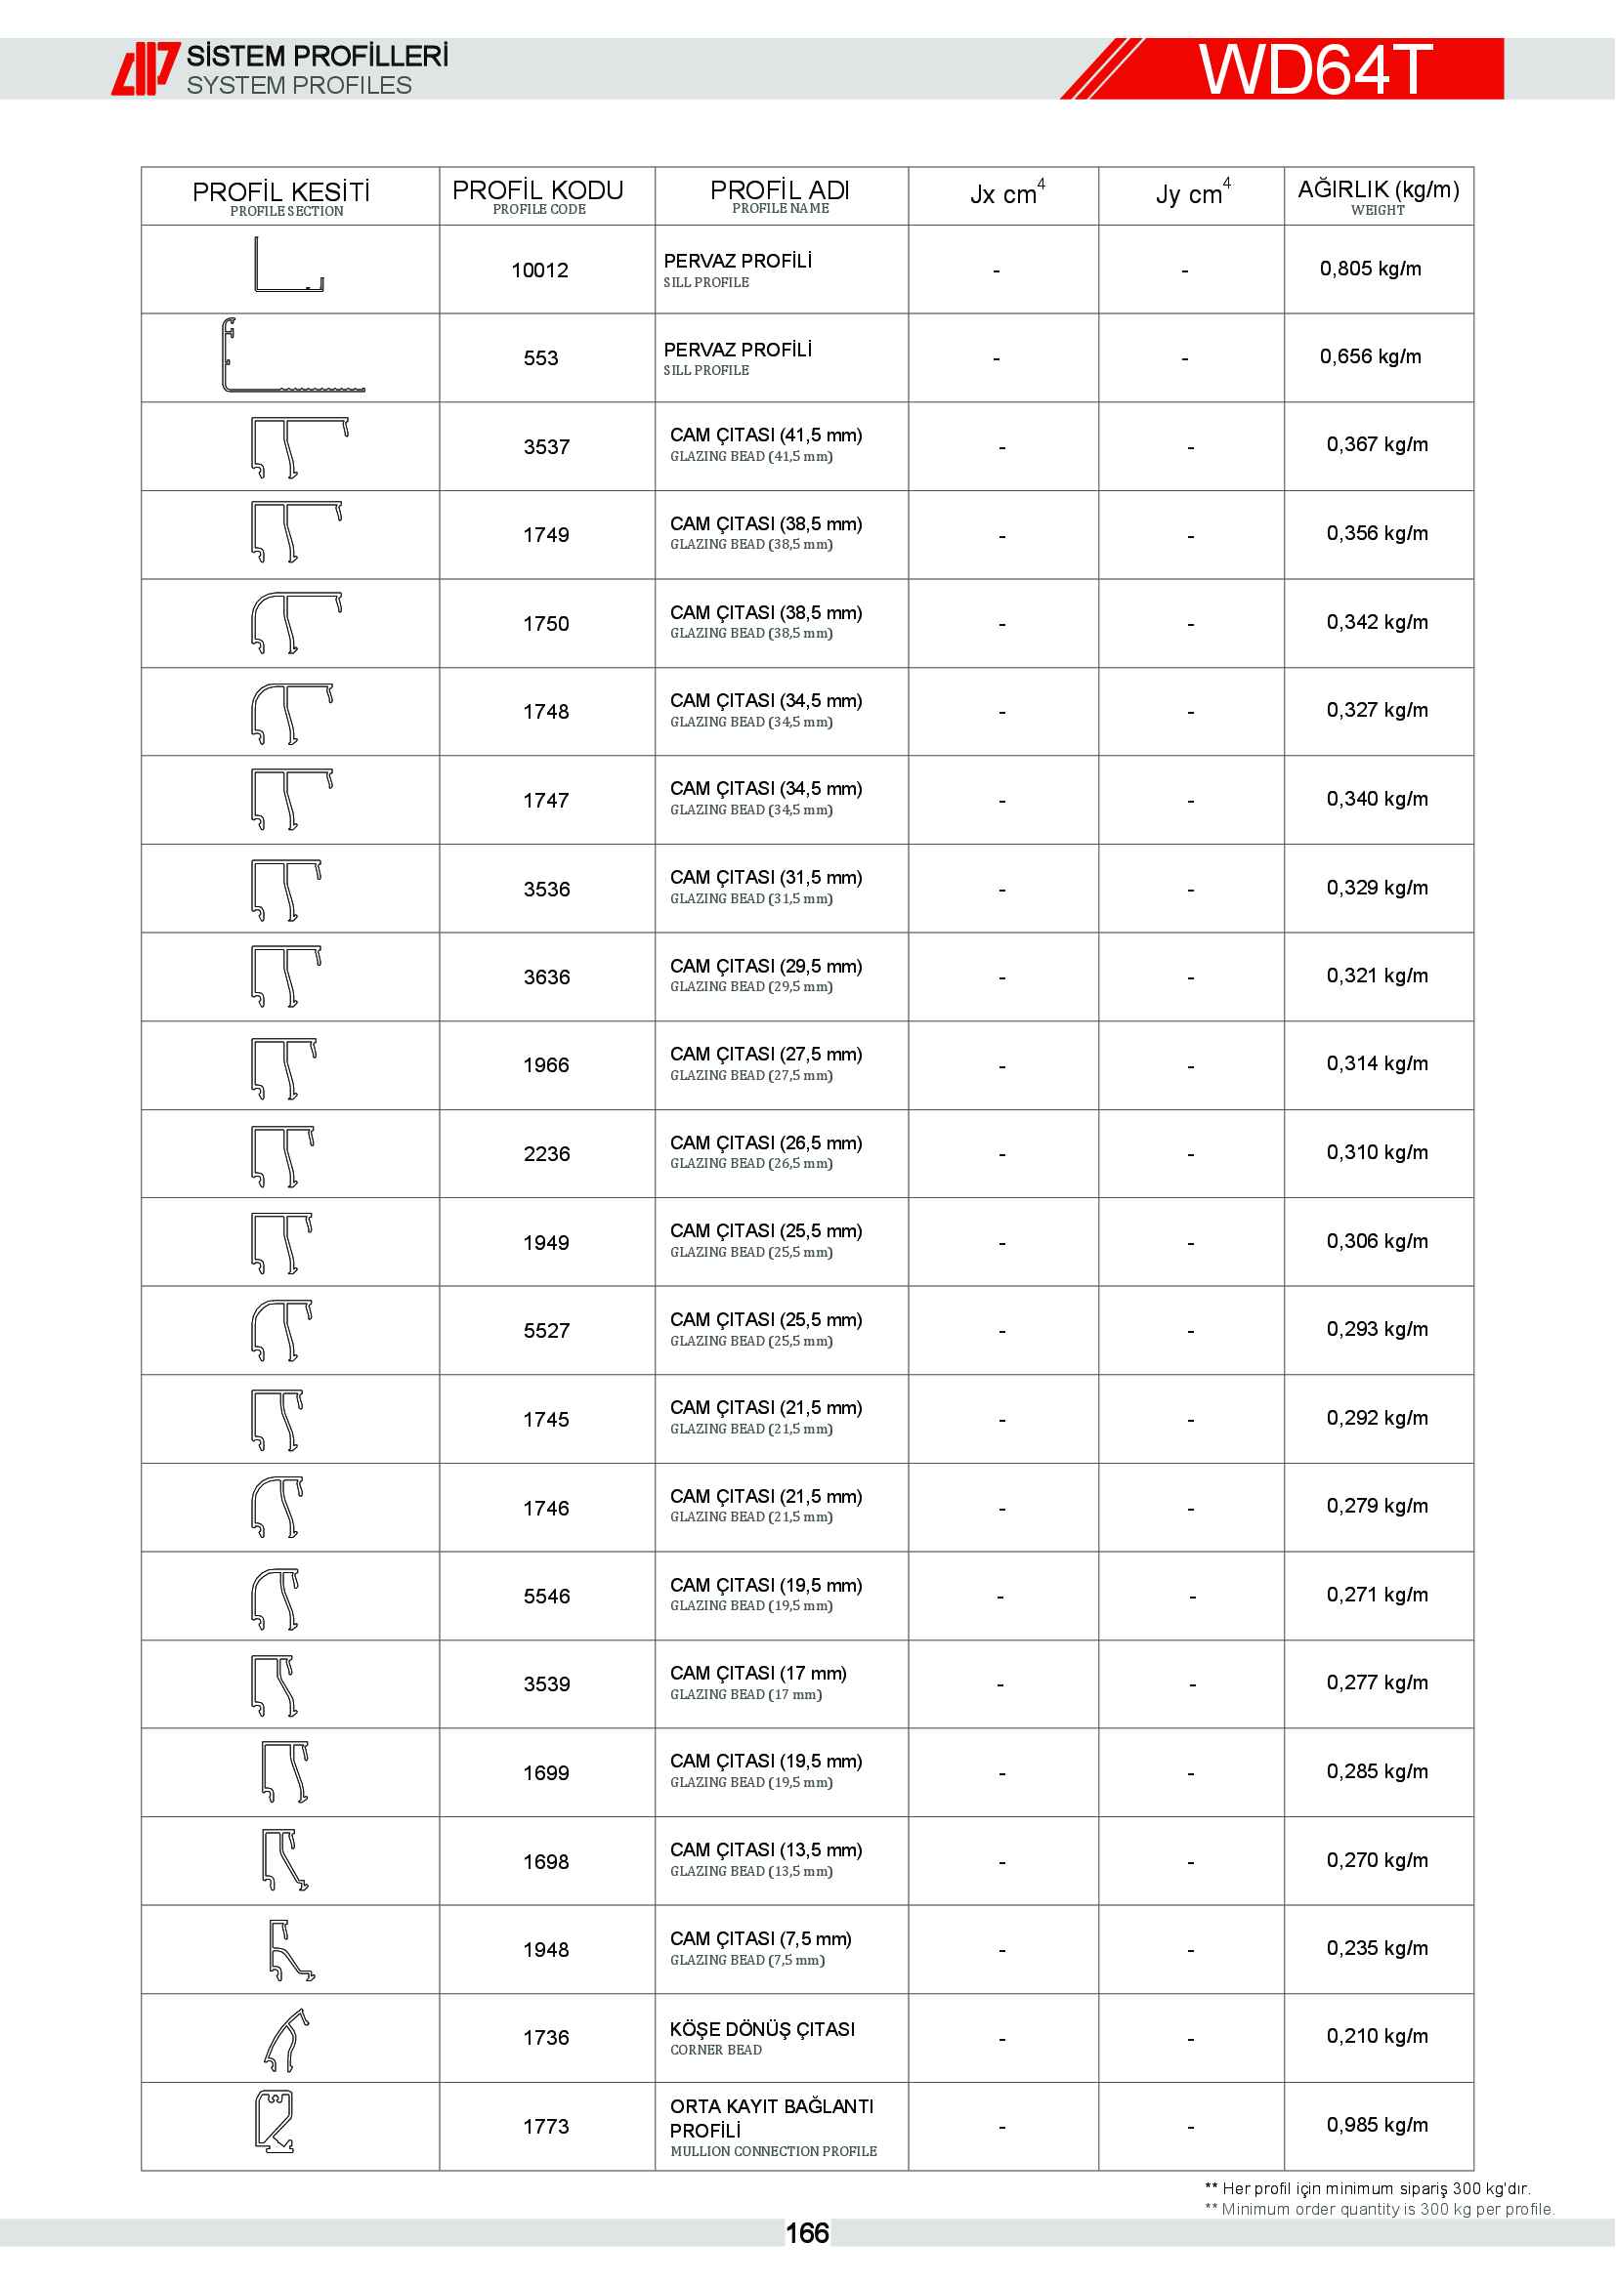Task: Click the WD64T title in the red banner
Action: [x=1314, y=69]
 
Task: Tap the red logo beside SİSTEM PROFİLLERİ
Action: [x=145, y=68]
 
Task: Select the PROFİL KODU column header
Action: [x=537, y=195]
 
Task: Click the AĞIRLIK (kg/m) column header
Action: [x=1379, y=195]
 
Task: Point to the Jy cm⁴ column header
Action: [x=1192, y=194]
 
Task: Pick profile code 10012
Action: [x=539, y=270]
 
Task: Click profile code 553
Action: [x=540, y=358]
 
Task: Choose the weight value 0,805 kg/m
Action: [x=1370, y=269]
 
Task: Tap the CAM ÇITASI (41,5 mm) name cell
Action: [x=765, y=444]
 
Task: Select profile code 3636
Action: [x=546, y=976]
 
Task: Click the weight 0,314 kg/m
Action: [x=1377, y=1063]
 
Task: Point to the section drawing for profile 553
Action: [x=290, y=356]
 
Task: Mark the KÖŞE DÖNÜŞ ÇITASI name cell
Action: [x=761, y=2037]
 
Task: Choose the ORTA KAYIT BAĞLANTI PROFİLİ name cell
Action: [x=772, y=2127]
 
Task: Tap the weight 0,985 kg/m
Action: [x=1377, y=2125]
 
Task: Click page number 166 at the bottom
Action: [x=807, y=2233]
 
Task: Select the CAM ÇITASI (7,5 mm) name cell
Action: [x=760, y=1948]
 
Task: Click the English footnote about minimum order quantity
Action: [x=1380, y=2210]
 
